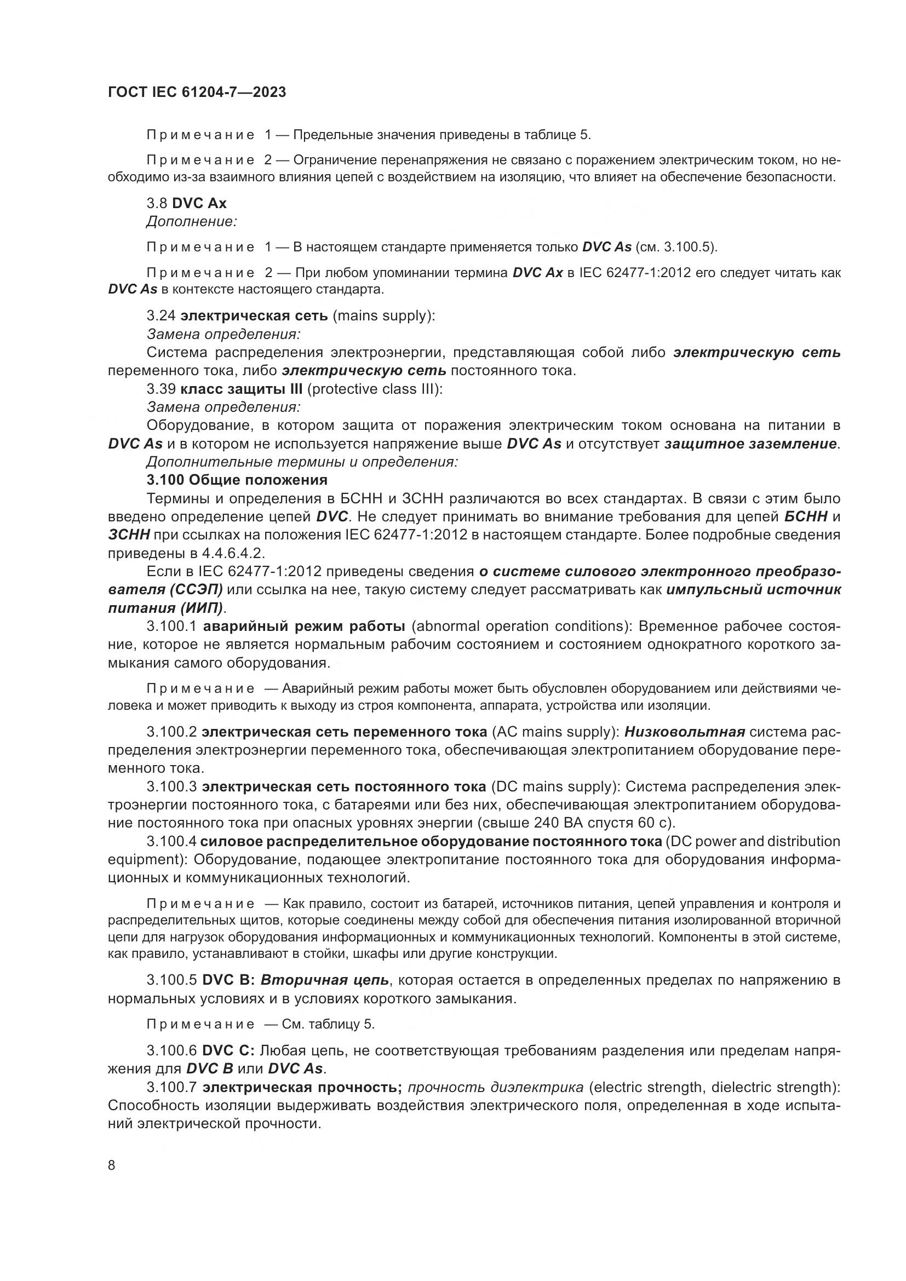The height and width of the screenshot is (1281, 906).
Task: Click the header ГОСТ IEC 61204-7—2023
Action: click(197, 93)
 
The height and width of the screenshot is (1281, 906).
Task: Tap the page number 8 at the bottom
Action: click(112, 1165)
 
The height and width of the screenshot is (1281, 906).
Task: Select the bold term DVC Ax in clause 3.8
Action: click(199, 204)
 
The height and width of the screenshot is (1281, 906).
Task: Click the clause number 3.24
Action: click(161, 316)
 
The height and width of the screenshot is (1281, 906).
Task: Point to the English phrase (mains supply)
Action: click(384, 316)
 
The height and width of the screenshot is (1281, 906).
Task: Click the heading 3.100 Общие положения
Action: click(237, 480)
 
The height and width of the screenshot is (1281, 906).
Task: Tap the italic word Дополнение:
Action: click(191, 222)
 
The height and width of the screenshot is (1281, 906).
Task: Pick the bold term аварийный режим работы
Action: click(304, 627)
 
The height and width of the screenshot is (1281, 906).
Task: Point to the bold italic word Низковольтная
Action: click(685, 732)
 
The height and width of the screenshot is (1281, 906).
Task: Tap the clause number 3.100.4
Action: click(171, 841)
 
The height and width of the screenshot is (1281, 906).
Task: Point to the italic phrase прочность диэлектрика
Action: click(496, 1088)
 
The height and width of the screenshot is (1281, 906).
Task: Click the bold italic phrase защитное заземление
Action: click(750, 444)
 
